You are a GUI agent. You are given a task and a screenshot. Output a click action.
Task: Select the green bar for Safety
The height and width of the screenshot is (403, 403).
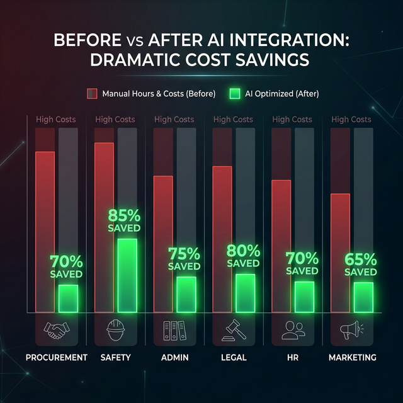(127, 275)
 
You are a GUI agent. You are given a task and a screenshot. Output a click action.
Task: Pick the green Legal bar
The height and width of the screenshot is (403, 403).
(245, 293)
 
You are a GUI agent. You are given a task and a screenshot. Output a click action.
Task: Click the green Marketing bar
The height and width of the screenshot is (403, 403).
(363, 297)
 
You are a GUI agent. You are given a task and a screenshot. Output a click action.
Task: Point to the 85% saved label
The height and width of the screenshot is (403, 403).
(124, 220)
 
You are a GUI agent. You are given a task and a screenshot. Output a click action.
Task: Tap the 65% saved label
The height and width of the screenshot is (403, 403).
(361, 264)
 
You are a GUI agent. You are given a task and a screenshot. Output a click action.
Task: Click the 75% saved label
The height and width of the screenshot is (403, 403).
(184, 259)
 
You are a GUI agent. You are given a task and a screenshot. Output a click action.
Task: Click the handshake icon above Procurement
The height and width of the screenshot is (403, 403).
(56, 330)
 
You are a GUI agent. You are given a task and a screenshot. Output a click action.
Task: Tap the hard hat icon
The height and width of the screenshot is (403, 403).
(115, 329)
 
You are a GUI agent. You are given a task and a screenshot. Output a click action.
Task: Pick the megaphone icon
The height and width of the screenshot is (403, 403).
(352, 329)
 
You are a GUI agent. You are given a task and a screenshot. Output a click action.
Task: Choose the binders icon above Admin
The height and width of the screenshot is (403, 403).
(174, 330)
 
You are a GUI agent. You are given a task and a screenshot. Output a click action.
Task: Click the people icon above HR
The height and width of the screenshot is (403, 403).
(293, 330)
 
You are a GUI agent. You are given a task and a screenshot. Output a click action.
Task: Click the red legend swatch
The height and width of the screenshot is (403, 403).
(92, 94)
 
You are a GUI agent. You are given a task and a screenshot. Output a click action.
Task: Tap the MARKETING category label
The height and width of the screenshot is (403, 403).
(353, 357)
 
